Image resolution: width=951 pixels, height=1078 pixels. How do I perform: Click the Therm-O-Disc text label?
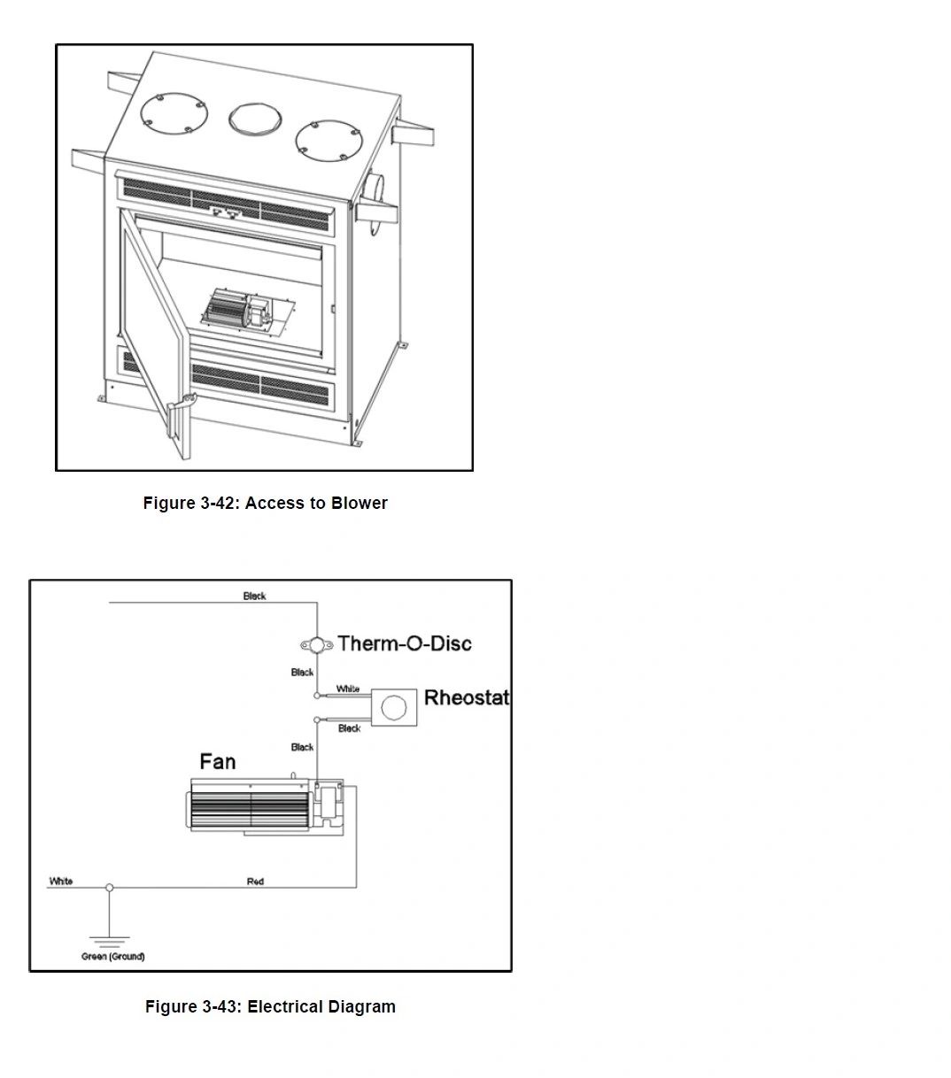pos(405,643)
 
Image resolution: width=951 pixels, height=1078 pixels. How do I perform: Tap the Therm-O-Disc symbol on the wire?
pos(317,644)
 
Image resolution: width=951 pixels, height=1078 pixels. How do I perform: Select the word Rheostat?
pos(467,697)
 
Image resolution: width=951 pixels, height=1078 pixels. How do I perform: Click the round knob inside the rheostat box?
pos(393,707)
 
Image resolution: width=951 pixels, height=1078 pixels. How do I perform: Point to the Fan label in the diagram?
pos(218,762)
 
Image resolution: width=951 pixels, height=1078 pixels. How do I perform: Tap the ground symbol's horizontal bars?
pos(109,941)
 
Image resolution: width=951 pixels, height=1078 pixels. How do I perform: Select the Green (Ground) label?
pos(113,957)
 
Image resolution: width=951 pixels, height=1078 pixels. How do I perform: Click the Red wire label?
pos(255,882)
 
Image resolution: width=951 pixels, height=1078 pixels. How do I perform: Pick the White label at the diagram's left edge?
pos(61,882)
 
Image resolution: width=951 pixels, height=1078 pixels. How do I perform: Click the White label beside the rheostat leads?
pos(348,689)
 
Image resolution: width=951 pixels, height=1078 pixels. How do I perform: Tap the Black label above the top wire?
pos(255,597)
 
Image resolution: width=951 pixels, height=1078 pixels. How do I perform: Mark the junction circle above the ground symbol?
pos(110,887)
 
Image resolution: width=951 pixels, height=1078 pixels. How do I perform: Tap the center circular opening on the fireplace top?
pos(253,116)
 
